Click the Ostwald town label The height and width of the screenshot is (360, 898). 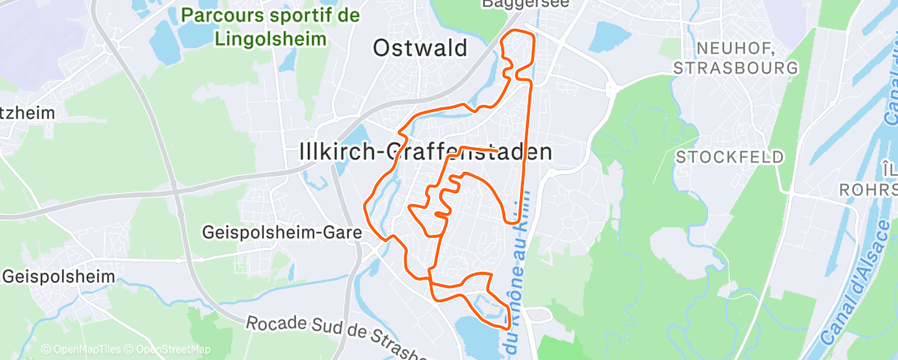419,48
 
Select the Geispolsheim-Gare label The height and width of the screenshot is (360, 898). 281,233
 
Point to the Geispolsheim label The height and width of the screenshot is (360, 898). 58,276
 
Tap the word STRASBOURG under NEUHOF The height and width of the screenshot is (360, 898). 735,67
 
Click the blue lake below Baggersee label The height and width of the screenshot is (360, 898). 609,36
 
